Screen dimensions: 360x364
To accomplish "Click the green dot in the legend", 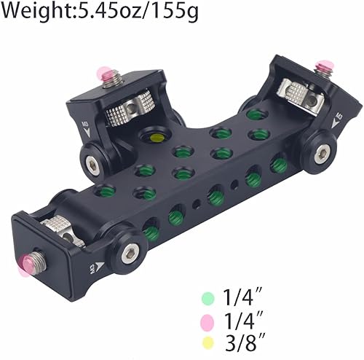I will click(x=208, y=298).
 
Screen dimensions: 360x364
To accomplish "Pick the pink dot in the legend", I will click(x=208, y=321).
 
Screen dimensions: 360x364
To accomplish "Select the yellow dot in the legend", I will click(x=208, y=343).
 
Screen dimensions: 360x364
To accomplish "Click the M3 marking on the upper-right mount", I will click(x=337, y=118).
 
